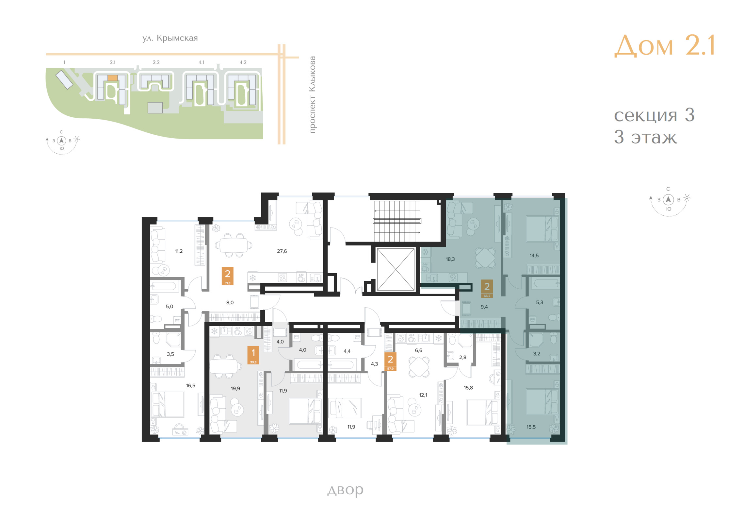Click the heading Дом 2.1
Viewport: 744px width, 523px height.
(664, 45)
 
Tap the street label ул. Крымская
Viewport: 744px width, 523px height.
(170, 38)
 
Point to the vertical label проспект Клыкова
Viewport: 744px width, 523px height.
(312, 95)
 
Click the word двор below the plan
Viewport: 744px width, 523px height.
(345, 490)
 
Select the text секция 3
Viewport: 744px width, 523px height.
(654, 115)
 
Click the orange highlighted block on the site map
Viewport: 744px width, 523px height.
(112, 78)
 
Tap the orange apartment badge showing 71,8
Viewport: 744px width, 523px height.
(228, 276)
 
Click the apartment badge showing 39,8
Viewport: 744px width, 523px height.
(253, 355)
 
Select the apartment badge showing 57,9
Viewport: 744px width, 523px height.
(390, 362)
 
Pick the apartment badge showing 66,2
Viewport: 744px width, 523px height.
(487, 289)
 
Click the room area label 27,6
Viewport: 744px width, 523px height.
(282, 251)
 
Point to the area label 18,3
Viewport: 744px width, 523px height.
(450, 259)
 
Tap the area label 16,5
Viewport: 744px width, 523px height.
(191, 386)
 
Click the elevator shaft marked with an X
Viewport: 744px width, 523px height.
(396, 269)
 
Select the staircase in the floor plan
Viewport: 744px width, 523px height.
(397, 221)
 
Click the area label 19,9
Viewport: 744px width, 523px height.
(235, 389)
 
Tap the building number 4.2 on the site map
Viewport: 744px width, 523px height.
(243, 62)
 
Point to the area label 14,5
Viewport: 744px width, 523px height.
(534, 256)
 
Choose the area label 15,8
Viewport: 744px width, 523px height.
(468, 388)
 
